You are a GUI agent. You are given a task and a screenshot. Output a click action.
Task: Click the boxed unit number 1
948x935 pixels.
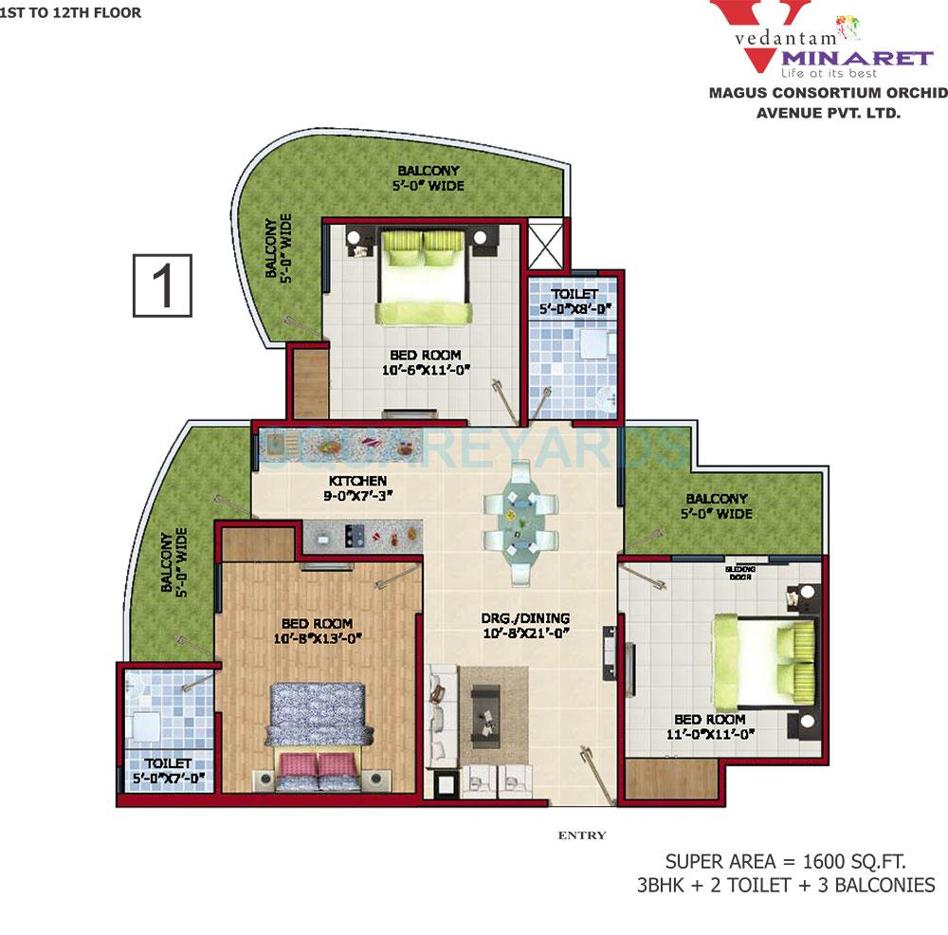coord(163,285)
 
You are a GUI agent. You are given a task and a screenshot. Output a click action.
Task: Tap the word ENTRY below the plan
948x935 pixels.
coord(582,835)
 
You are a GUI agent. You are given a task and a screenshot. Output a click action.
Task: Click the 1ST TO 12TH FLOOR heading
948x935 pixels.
coord(71,13)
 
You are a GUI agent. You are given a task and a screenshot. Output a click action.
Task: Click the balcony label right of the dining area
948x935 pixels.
coord(717,506)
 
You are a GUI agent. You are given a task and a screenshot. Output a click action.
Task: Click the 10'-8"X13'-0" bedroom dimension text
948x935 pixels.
coord(322,638)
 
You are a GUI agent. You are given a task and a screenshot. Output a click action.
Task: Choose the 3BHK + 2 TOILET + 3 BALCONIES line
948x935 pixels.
coord(786,886)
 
